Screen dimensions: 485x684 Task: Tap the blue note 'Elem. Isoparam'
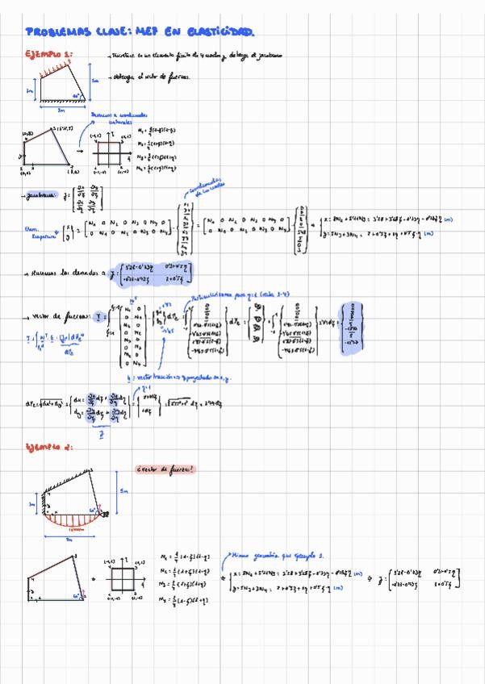pyautogui.click(x=36, y=234)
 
